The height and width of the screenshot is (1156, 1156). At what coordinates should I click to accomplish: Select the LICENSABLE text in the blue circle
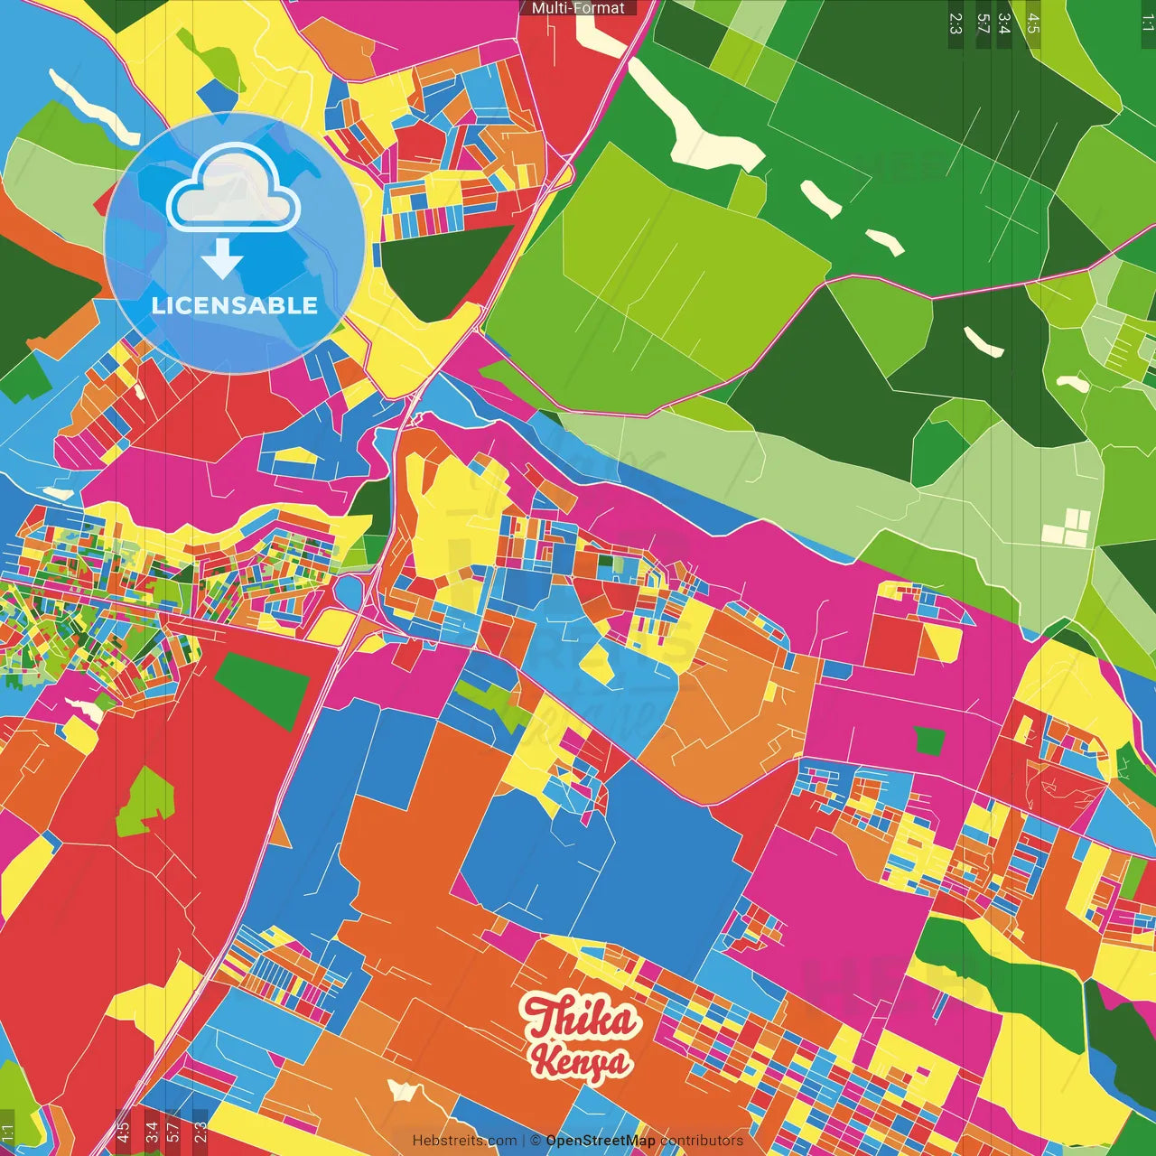pos(235,305)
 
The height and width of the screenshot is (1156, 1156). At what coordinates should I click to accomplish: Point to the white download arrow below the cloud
pos(222,258)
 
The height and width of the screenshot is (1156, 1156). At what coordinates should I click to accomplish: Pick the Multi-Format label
pos(578,8)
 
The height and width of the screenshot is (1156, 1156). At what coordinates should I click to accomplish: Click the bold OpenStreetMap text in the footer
pos(601,1141)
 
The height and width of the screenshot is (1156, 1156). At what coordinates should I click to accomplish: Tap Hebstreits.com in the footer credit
pos(464,1141)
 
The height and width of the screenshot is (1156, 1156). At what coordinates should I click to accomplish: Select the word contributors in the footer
pos(702,1141)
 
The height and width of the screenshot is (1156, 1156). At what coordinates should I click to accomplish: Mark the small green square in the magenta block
pos(928,741)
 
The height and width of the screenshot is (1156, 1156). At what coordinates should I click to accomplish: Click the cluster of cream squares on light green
pos(1067,527)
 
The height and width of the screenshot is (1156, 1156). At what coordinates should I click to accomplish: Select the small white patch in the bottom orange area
pos(402,1090)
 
